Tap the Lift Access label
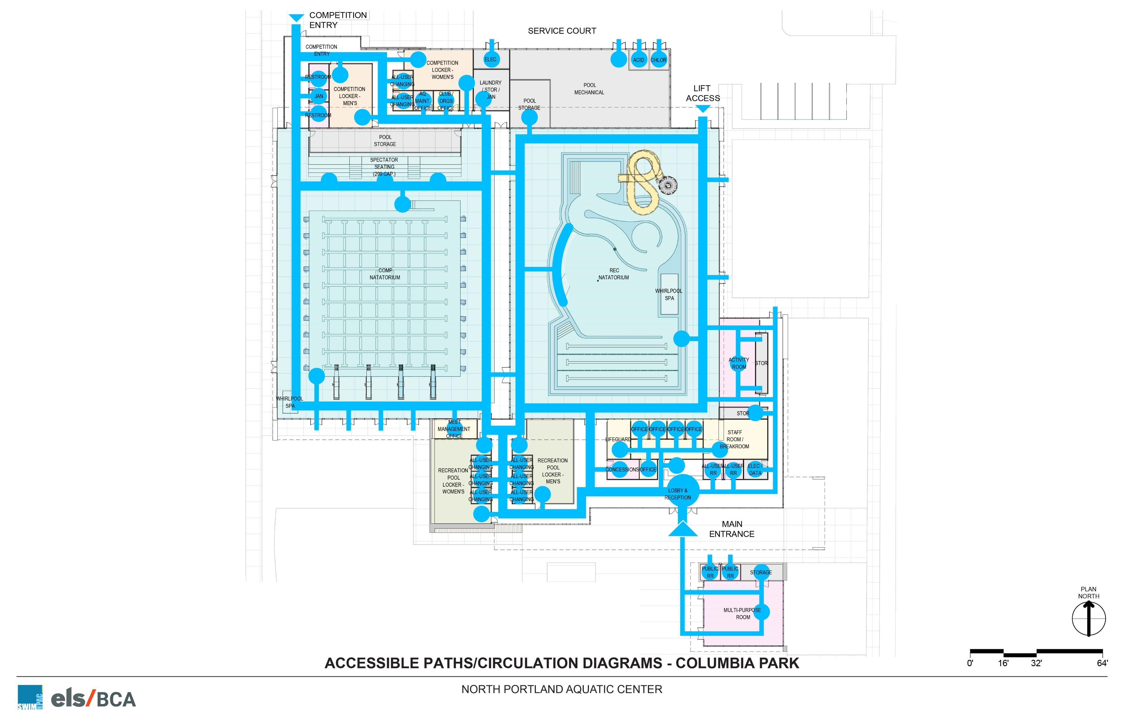(703, 93)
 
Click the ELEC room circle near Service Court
(491, 59)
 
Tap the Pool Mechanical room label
(589, 89)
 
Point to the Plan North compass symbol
(1088, 618)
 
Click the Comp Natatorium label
(385, 274)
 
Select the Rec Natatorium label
(614, 274)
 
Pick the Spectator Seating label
(384, 167)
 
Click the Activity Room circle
(739, 364)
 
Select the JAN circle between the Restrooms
(319, 96)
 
